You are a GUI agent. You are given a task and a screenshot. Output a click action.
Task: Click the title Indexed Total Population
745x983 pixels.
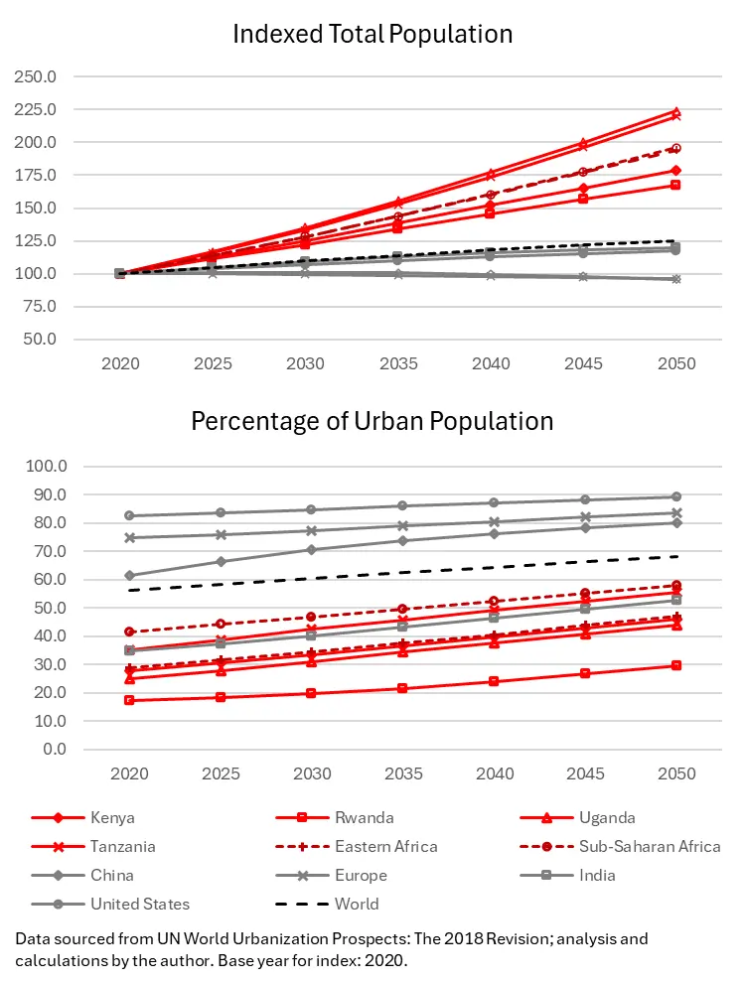(372, 34)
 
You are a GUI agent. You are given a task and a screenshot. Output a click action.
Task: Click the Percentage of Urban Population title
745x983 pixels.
(372, 421)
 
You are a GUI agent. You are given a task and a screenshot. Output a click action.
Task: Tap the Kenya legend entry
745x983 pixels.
(112, 818)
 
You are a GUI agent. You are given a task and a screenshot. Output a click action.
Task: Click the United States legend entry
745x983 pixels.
(140, 905)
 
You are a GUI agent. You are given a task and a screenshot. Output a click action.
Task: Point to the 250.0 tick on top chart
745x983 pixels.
(37, 76)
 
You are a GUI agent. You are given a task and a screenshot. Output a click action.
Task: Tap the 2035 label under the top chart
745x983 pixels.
(397, 364)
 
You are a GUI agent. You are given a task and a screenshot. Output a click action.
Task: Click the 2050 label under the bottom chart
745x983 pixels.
(675, 774)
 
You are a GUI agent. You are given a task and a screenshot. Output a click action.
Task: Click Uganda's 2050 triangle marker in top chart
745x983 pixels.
(675, 111)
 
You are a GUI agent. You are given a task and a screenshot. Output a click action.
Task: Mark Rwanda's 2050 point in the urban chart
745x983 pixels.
(675, 665)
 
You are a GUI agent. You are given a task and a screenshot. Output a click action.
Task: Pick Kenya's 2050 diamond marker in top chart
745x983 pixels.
(675, 170)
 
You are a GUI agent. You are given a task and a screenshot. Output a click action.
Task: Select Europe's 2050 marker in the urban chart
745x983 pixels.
(675, 512)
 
